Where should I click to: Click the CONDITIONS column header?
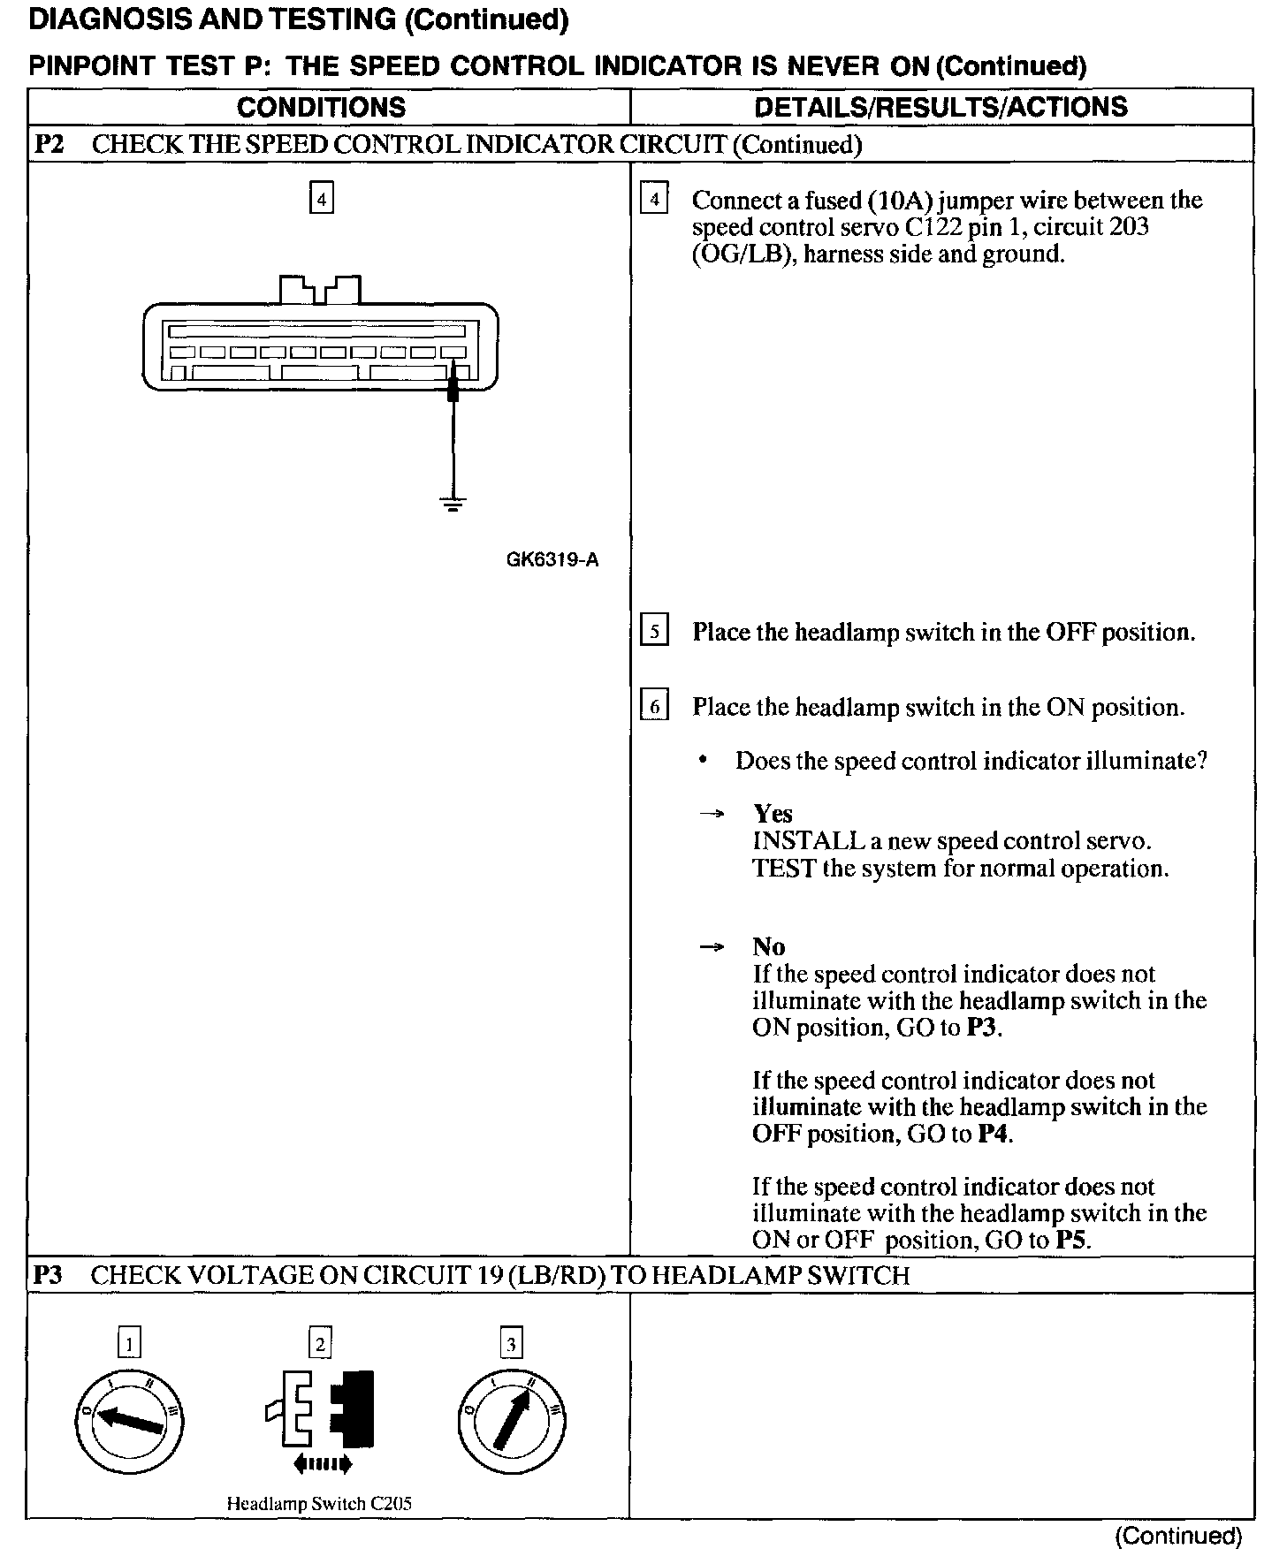click(321, 107)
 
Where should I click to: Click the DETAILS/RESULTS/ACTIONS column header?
click(940, 107)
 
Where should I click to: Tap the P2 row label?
click(49, 144)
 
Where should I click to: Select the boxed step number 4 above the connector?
click(321, 199)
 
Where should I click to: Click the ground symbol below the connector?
click(453, 505)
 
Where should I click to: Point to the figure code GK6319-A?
click(552, 560)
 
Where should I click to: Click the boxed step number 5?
click(654, 632)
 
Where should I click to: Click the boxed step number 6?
click(654, 707)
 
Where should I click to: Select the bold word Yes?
click(773, 813)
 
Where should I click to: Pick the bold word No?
click(768, 946)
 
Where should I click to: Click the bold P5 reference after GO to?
click(1073, 1240)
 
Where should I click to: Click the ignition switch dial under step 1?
click(129, 1422)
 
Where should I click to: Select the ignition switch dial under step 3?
click(512, 1422)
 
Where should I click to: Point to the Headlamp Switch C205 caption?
click(319, 1503)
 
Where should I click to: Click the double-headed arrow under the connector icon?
click(322, 1464)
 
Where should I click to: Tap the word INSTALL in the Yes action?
click(797, 840)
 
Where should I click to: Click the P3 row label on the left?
click(49, 1275)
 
